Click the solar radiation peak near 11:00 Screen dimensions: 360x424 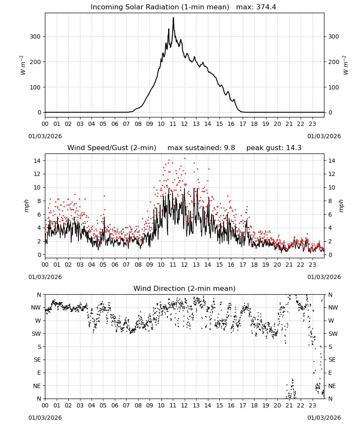point(173,17)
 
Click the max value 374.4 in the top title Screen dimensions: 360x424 point(266,7)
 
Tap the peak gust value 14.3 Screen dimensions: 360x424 point(293,148)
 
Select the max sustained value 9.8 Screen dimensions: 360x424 point(230,148)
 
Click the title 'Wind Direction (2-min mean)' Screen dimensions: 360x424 point(185,288)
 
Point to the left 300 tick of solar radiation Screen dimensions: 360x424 point(36,37)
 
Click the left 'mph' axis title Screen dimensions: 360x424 point(26,206)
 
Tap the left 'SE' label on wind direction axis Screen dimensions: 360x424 point(37,360)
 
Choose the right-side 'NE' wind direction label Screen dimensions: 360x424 point(332,386)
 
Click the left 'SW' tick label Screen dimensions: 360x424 point(36,334)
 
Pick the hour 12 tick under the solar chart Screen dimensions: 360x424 point(185,124)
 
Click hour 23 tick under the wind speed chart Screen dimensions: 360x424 point(313,265)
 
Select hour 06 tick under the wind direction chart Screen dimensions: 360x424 point(115,406)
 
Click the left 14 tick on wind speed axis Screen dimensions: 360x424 point(37,161)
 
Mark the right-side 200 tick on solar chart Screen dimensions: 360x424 point(334,62)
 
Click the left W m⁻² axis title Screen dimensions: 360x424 point(23,65)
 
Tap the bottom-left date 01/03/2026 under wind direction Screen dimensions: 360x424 point(45,418)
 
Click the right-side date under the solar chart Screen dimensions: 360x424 point(324,136)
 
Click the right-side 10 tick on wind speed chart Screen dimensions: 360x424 point(332,188)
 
